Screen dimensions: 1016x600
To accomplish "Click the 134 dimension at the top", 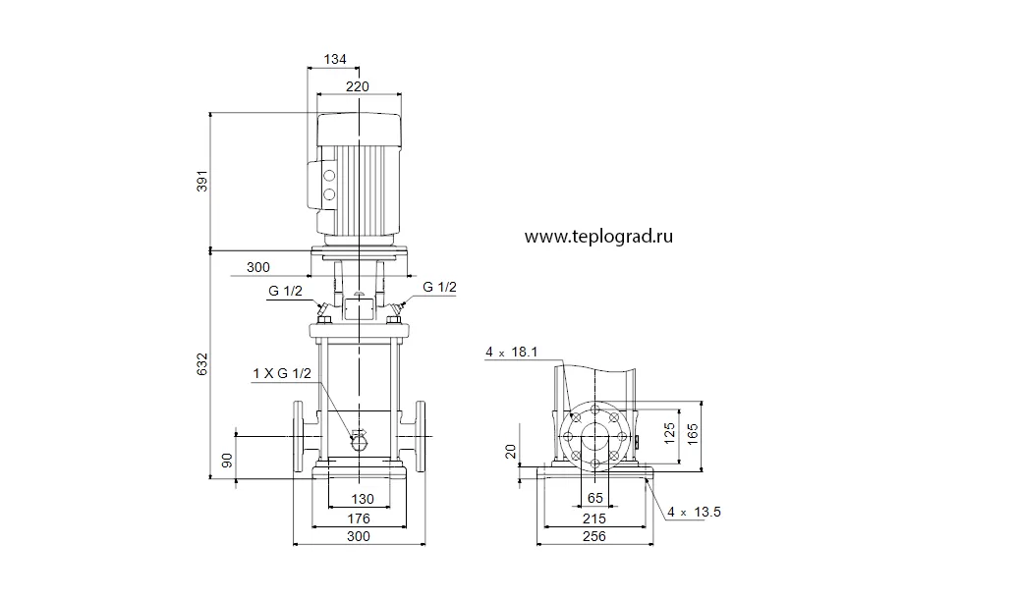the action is tap(335, 59).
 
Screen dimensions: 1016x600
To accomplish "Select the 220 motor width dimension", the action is tap(357, 86).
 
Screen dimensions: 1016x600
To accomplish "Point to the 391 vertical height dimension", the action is tap(202, 181).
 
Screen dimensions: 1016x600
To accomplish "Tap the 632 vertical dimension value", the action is tap(202, 364).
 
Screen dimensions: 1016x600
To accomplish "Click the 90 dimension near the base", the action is tap(227, 461).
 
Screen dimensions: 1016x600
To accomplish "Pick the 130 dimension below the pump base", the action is tap(363, 499).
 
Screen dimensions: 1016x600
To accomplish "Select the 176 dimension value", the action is tap(359, 518).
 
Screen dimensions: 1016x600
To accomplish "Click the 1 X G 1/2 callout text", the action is tap(282, 373).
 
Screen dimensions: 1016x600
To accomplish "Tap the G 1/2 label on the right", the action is tap(439, 287).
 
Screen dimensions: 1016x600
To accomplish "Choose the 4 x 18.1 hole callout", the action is tap(511, 353).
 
